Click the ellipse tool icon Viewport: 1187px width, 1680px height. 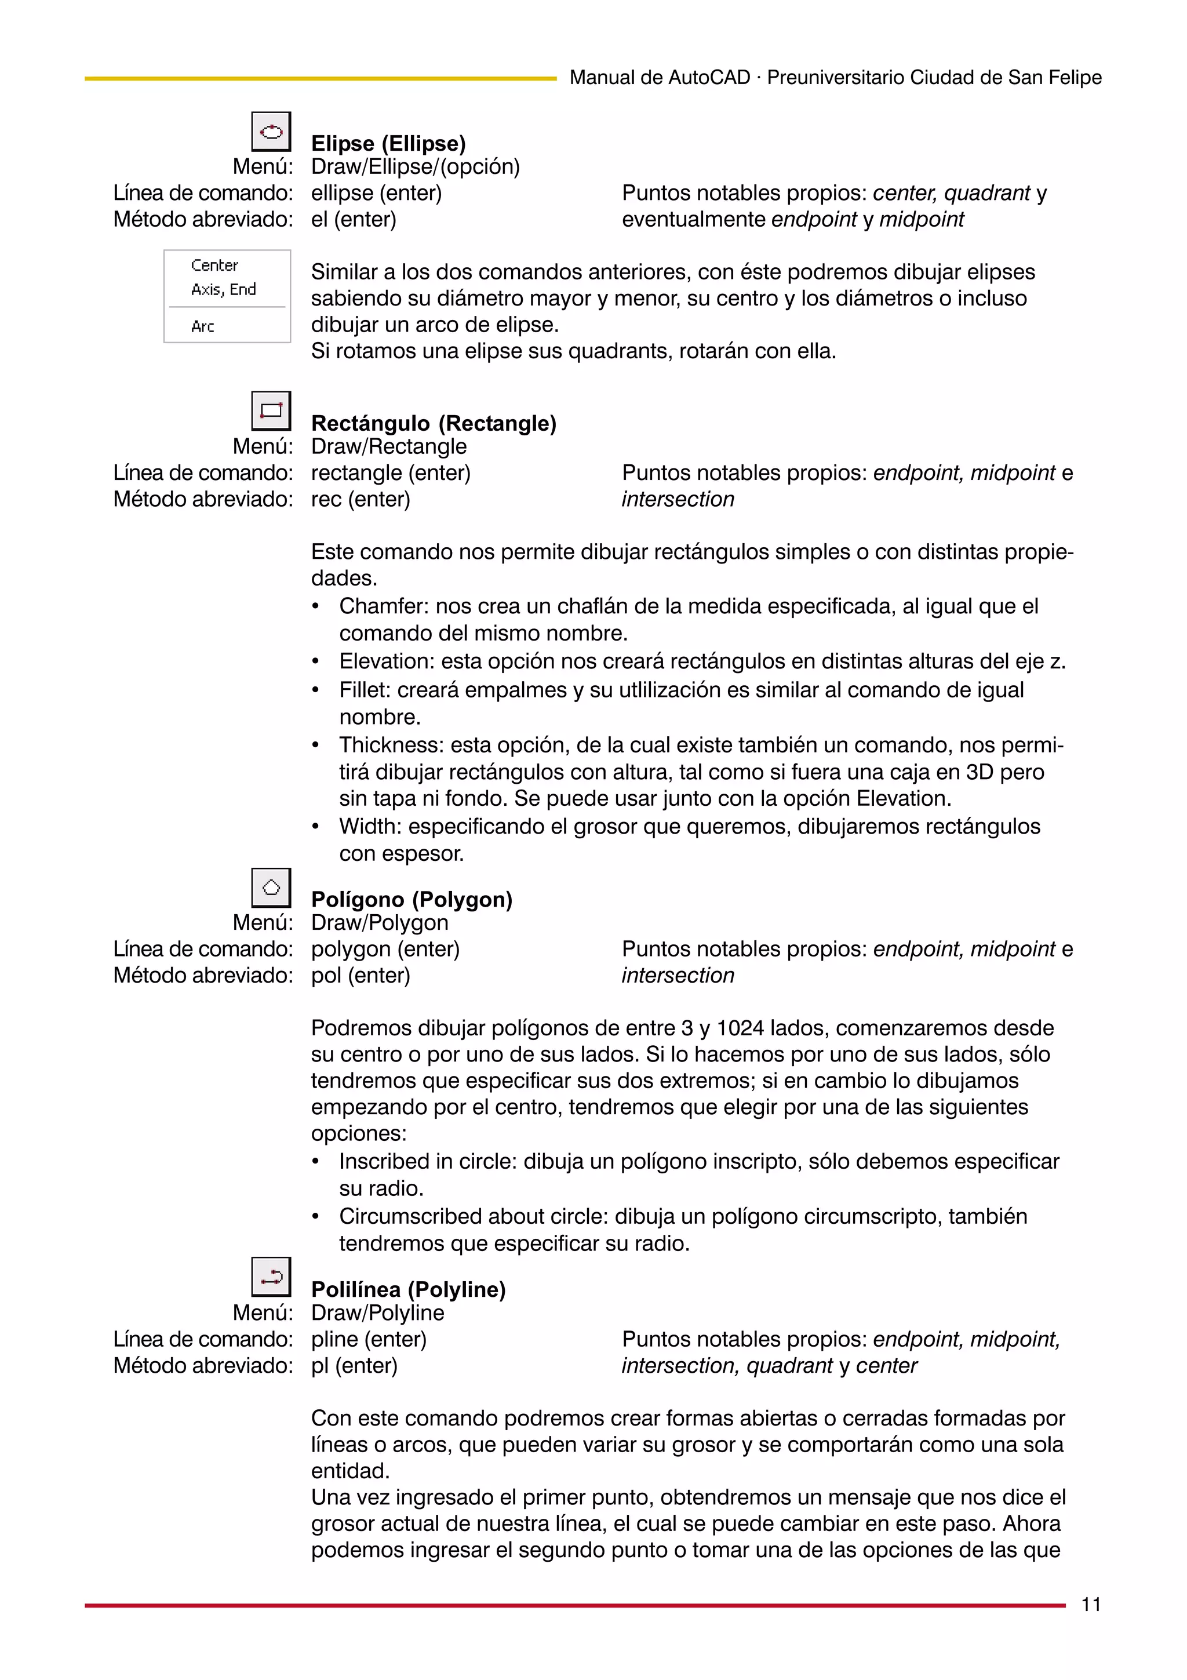[x=271, y=132]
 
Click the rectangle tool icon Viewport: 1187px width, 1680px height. [x=271, y=411]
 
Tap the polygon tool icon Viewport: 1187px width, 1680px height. [x=271, y=888]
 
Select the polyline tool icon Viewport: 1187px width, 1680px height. [x=271, y=1277]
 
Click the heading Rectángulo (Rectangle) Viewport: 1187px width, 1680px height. [x=434, y=423]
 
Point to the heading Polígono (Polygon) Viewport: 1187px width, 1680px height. [x=412, y=899]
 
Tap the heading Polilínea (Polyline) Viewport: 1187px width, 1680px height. [x=408, y=1289]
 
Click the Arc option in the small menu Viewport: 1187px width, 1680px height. [x=203, y=326]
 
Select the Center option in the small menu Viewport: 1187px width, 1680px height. [x=214, y=265]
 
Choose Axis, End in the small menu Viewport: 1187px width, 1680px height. [x=223, y=289]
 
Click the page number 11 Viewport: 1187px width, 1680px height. [x=1090, y=1605]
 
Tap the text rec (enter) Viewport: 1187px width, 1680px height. [x=361, y=499]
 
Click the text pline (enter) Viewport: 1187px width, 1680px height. [x=369, y=1339]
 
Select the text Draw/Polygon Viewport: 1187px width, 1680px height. [x=379, y=923]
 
